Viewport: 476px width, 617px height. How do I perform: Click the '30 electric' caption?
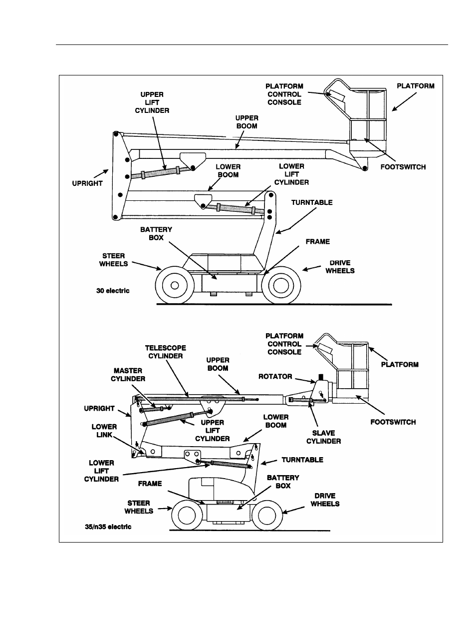point(113,290)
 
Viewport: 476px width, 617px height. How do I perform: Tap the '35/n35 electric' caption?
point(108,527)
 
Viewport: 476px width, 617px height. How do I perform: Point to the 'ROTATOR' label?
point(275,376)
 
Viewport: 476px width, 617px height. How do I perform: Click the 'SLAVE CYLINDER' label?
point(323,437)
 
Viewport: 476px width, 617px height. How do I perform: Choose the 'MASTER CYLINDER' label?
point(129,375)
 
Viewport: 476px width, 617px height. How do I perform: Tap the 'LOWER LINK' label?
point(104,431)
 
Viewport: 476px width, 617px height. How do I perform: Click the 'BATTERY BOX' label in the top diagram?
point(156,233)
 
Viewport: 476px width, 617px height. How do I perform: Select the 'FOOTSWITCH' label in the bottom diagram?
point(393,422)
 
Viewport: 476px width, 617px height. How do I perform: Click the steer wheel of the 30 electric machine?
point(175,285)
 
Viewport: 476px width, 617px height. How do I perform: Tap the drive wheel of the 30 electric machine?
point(281,285)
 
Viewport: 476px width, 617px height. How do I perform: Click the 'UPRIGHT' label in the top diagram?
point(88,183)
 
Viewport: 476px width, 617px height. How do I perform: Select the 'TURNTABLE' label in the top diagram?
point(312,202)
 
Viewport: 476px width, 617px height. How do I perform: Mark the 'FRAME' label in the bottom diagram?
point(150,483)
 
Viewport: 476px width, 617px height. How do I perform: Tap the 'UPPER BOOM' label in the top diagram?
point(246,122)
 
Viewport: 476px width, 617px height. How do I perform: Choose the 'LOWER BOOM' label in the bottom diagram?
point(275,421)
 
